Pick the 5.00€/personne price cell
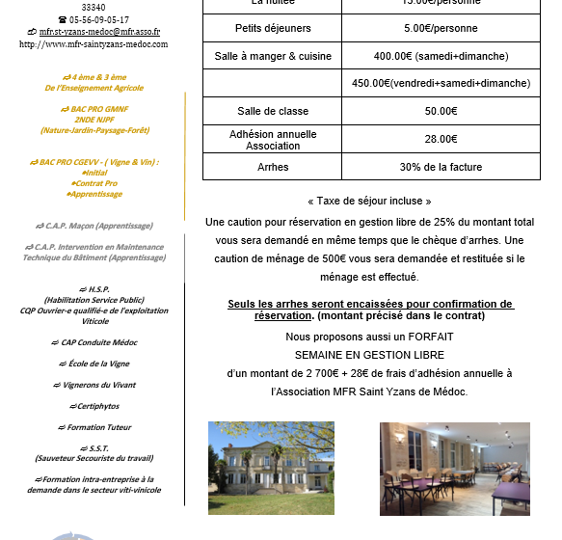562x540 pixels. (441, 28)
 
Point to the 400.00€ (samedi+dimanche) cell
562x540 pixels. (441, 56)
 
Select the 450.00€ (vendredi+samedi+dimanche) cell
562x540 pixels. (441, 83)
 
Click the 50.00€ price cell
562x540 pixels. (441, 111)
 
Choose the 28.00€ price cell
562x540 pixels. (441, 139)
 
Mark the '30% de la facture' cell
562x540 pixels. (441, 167)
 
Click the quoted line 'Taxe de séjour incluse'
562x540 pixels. (369, 201)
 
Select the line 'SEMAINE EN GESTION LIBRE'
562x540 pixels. (369, 355)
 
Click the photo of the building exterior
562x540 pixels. (272, 467)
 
